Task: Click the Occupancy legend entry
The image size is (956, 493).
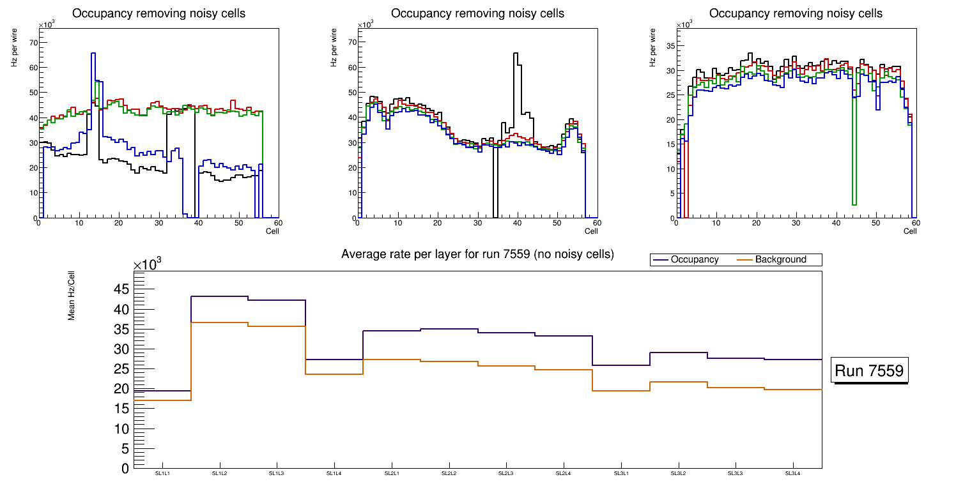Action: (694, 260)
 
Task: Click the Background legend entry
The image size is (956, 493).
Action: (780, 260)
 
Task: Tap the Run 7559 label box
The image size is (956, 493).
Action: (869, 371)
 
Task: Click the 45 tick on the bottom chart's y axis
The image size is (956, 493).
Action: (121, 289)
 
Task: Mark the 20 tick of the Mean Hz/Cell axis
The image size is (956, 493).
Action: (121, 388)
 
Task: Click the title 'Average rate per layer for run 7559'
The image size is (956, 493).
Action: (477, 254)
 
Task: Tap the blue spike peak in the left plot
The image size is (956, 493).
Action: (93, 54)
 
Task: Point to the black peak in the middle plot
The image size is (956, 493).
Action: (516, 54)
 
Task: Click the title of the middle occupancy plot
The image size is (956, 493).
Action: (477, 13)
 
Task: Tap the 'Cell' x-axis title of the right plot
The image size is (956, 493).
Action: (910, 231)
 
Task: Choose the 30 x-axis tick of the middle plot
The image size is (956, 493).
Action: (477, 224)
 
